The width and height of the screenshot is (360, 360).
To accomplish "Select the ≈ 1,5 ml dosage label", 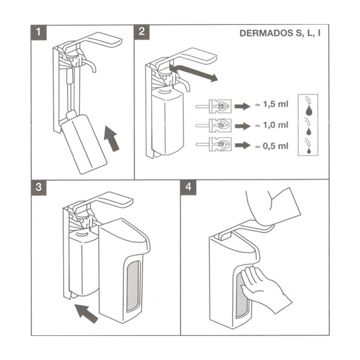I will (272, 104).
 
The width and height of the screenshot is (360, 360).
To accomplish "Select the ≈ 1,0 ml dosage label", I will (272, 125).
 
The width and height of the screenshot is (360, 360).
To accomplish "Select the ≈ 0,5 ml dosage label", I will (272, 145).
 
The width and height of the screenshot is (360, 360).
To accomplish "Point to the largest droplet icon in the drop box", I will (308, 110).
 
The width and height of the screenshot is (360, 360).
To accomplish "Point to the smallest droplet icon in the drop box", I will (308, 149).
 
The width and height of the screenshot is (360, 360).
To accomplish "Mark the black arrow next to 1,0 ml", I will (242, 125).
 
